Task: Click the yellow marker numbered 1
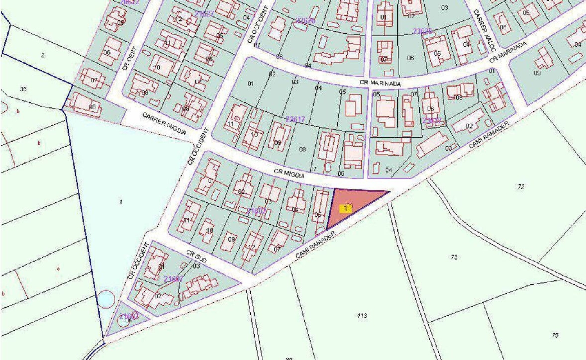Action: (x=345, y=209)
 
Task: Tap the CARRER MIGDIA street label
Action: (x=164, y=123)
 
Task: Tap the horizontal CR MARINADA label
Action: (x=380, y=83)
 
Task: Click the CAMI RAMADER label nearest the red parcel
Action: (x=315, y=245)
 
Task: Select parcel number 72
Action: (x=521, y=187)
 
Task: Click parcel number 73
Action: (x=454, y=257)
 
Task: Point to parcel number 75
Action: (x=555, y=335)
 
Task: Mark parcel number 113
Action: (x=362, y=315)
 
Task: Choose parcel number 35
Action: (x=23, y=89)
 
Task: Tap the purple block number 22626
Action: (x=305, y=20)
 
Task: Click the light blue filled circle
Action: (x=106, y=299)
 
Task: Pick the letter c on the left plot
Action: (x=58, y=269)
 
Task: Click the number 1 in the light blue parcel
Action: (x=121, y=202)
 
